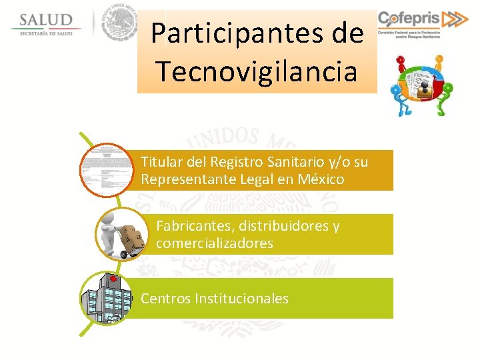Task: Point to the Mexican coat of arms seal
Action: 120,24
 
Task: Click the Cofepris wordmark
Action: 409,19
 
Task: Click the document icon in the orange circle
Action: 106,171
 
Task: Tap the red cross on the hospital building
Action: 114,278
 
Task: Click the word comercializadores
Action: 215,243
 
